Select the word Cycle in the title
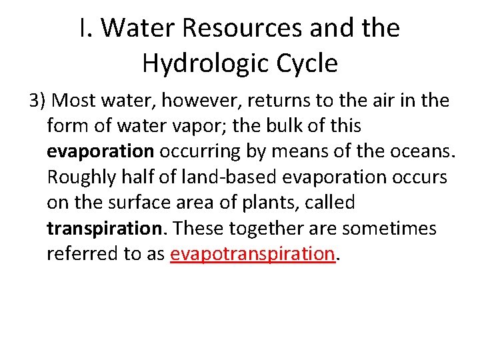pos(304,63)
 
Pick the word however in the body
pos(187,101)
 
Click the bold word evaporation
pos(100,152)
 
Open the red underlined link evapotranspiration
pos(252,254)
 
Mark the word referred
pos(77,254)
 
